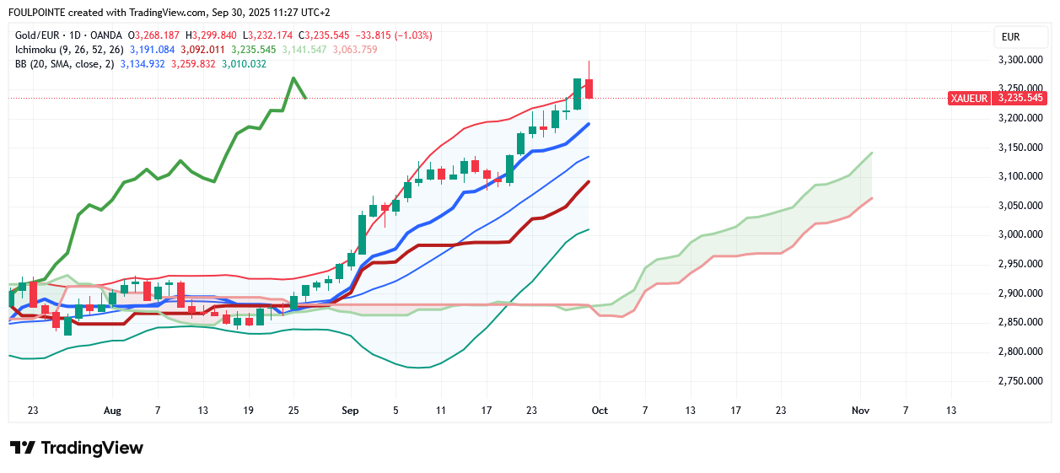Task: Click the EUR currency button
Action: [1010, 36]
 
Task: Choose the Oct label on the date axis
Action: [600, 411]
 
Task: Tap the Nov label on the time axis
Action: [860, 411]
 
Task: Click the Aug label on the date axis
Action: [112, 411]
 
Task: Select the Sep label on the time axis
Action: [351, 411]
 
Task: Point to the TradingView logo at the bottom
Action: [77, 448]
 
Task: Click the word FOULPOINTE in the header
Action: [42, 13]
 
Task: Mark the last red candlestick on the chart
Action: [589, 88]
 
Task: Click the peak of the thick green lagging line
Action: [293, 78]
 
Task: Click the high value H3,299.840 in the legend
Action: [214, 35]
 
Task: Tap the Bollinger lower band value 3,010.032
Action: [244, 64]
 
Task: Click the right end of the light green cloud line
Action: [871, 153]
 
